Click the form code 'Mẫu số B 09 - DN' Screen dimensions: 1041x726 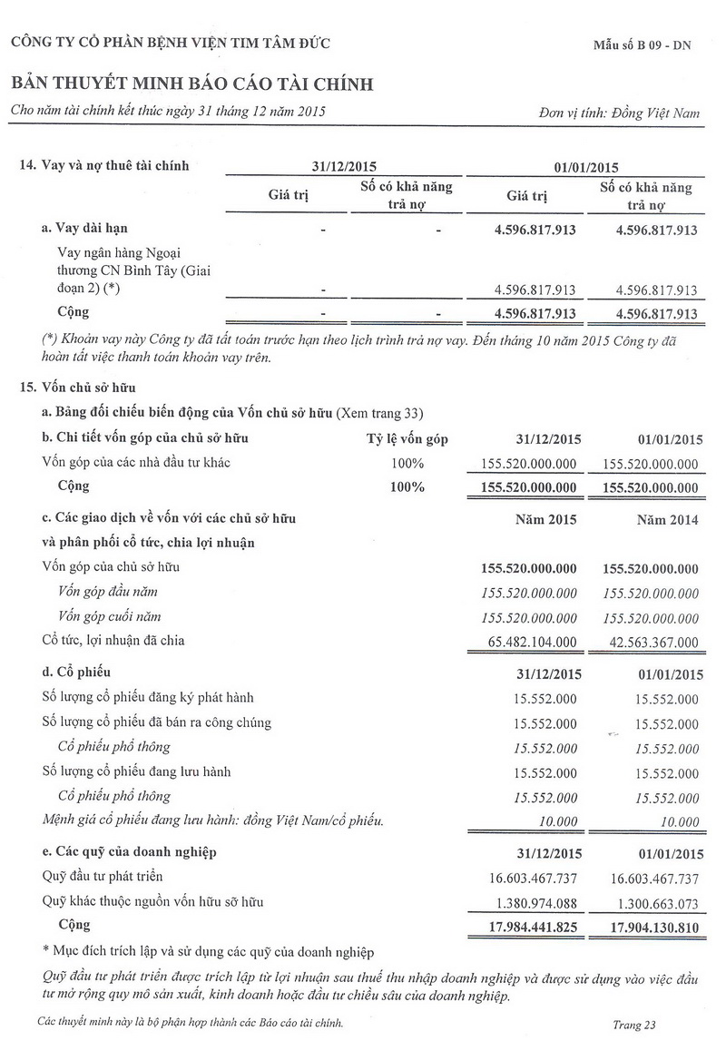pyautogui.click(x=642, y=44)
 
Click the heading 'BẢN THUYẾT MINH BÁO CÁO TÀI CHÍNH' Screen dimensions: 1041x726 pyautogui.click(x=191, y=84)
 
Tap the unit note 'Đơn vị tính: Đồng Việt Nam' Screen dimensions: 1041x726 pyautogui.click(x=619, y=113)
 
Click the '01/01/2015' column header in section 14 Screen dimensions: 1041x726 pyautogui.click(x=585, y=167)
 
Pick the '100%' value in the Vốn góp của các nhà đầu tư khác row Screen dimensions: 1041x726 pyautogui.click(x=407, y=464)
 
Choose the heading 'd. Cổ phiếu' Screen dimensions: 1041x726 pyautogui.click(x=76, y=673)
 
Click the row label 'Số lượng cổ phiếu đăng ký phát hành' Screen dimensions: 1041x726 pyautogui.click(x=148, y=698)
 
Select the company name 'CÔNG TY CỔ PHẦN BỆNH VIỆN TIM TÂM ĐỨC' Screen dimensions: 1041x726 pyautogui.click(x=170, y=43)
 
